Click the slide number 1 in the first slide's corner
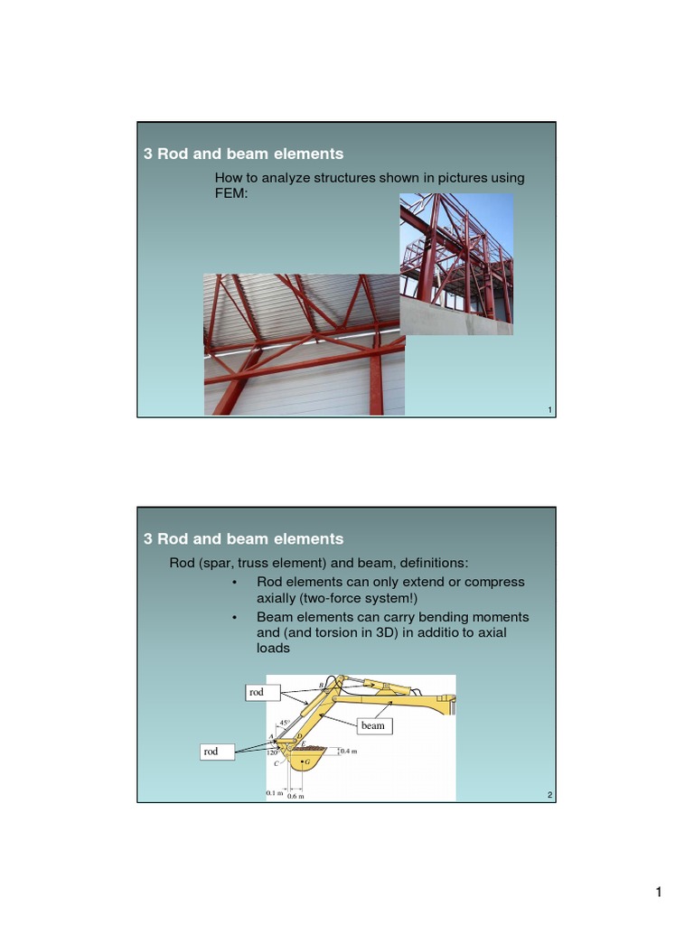click(x=549, y=411)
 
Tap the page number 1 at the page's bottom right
click(x=659, y=893)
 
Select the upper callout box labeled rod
click(x=258, y=693)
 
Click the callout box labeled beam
click(x=372, y=725)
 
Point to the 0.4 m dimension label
click(x=349, y=751)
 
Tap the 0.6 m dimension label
click(x=295, y=797)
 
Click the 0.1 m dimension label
click(x=274, y=794)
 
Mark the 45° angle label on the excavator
click(x=284, y=724)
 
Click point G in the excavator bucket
click(x=307, y=763)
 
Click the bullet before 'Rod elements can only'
click(x=234, y=582)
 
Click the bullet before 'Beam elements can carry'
click(x=234, y=616)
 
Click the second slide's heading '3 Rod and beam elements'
click(x=244, y=538)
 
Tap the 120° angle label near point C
click(x=273, y=752)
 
